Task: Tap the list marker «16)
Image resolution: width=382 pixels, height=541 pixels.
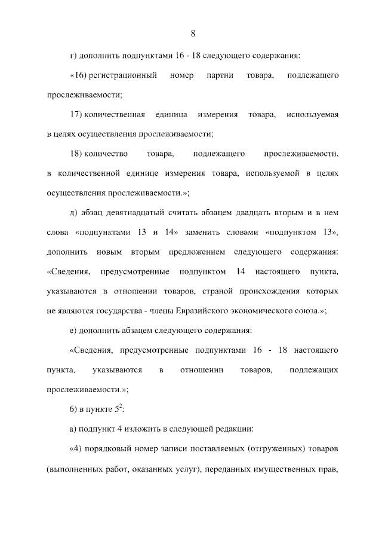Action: (x=80, y=76)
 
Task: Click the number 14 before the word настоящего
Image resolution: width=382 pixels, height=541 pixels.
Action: (x=241, y=271)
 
